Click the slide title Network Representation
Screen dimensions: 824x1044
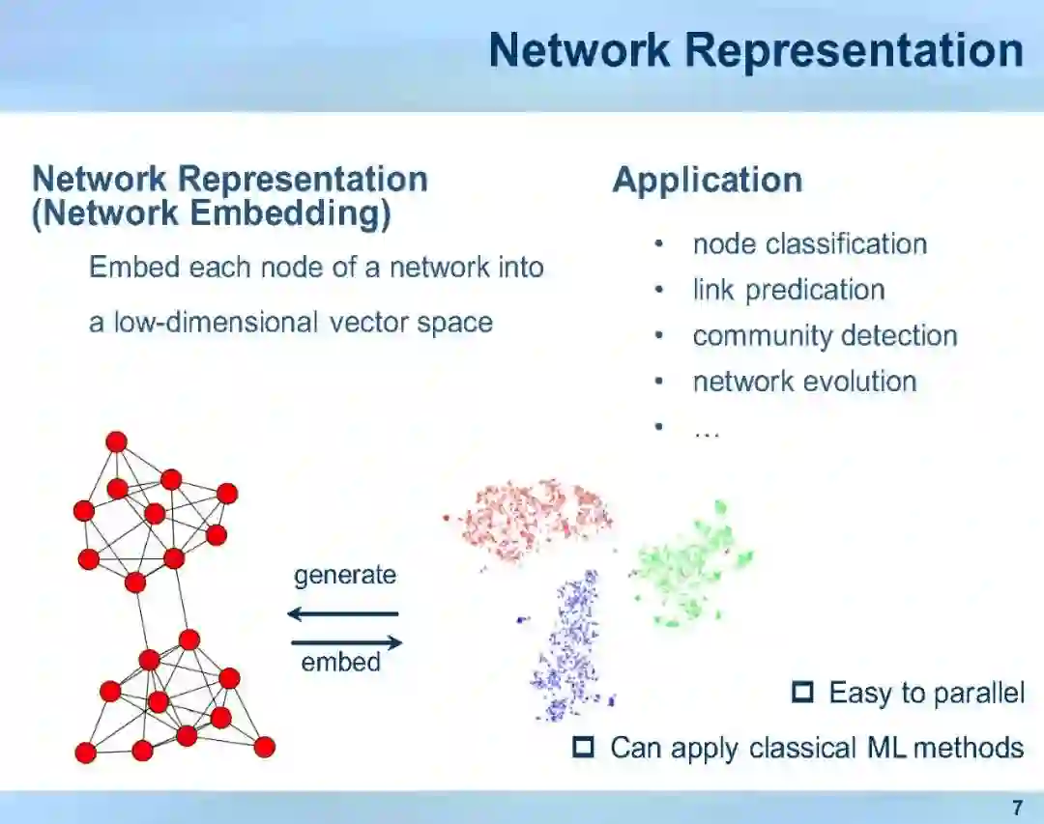tap(755, 50)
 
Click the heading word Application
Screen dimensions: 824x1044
tap(708, 181)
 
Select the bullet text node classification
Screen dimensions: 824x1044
tap(809, 244)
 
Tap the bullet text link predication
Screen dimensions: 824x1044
tap(789, 290)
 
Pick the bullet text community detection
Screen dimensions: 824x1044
tap(825, 336)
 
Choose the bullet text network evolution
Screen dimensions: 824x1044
tap(804, 382)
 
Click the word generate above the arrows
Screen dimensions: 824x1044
tap(345, 576)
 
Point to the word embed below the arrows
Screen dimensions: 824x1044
tap(340, 663)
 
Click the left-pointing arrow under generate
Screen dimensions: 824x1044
tap(343, 613)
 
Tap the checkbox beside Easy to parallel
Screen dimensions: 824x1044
tap(802, 693)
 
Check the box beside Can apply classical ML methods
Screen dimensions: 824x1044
tap(583, 747)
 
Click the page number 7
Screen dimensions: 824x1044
tap(1016, 807)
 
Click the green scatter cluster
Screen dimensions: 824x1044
tap(691, 570)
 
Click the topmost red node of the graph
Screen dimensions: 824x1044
tap(116, 441)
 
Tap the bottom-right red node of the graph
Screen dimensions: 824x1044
tap(264, 747)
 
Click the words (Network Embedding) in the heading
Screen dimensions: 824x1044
tap(212, 213)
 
